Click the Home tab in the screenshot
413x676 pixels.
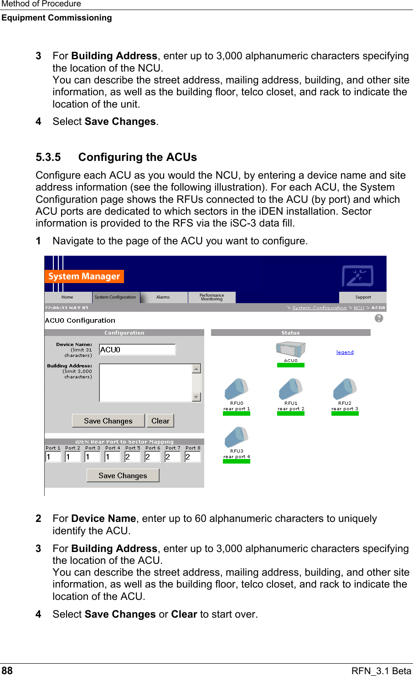[67, 297]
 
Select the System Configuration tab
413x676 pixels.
[115, 297]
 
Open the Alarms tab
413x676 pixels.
[163, 297]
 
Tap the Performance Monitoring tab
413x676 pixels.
[212, 297]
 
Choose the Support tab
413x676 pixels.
[363, 297]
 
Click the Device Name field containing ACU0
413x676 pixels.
[137, 350]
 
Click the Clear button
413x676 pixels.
[160, 421]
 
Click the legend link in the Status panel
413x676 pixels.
[345, 352]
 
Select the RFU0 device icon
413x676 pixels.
[236, 390]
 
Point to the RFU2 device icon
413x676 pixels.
[345, 390]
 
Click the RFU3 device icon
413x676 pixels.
[236, 438]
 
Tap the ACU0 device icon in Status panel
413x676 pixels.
[290, 350]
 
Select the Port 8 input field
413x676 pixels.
[193, 457]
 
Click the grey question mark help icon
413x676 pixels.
[379, 318]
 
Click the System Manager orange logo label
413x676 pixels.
[84, 276]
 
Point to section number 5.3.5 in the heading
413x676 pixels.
[48, 157]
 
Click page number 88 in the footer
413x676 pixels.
[7, 671]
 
